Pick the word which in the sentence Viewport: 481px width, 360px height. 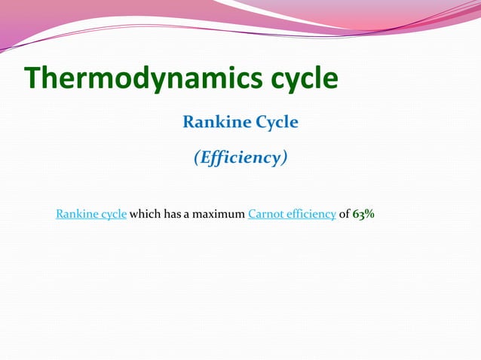click(x=144, y=214)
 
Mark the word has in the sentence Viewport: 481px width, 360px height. click(x=172, y=214)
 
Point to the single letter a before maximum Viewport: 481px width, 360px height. click(x=187, y=215)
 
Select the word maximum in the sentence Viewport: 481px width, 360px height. click(x=219, y=214)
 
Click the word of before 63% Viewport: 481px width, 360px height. click(x=344, y=214)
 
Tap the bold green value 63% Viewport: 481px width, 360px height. click(x=364, y=214)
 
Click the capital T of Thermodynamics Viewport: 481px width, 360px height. click(x=32, y=78)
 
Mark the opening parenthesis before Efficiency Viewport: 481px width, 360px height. click(x=197, y=158)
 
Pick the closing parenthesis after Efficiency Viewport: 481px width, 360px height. click(x=284, y=158)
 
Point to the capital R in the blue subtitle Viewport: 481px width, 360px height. click(x=188, y=122)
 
